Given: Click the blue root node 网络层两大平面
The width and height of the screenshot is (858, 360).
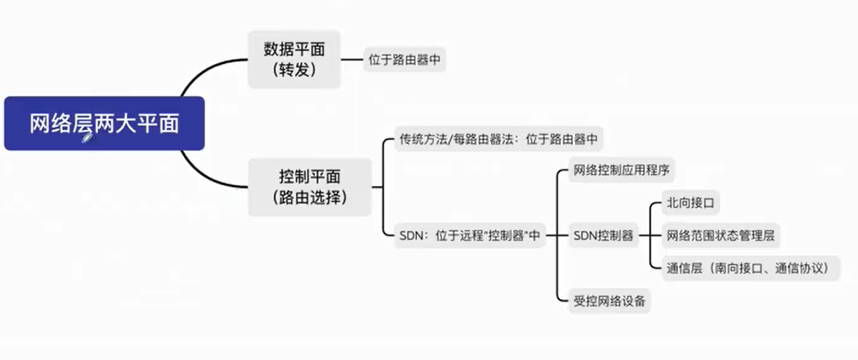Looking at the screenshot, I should [x=104, y=124].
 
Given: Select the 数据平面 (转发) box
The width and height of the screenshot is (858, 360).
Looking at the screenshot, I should [x=294, y=59].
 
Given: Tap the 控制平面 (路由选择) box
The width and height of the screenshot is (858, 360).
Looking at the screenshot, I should [x=310, y=187].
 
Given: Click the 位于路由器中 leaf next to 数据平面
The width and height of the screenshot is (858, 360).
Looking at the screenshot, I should [x=404, y=60].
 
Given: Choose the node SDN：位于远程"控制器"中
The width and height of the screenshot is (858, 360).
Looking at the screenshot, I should [x=469, y=236].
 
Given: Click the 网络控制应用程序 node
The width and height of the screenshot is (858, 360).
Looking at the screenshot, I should [x=621, y=170].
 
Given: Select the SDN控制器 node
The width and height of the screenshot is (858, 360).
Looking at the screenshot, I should [x=603, y=236].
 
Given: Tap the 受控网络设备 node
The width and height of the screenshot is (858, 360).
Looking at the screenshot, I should [x=609, y=301].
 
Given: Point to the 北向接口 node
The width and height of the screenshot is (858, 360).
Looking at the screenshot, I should [x=690, y=203].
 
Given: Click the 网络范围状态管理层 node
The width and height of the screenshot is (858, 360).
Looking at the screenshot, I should [x=720, y=236].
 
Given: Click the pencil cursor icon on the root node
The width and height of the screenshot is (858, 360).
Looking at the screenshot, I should [x=88, y=138].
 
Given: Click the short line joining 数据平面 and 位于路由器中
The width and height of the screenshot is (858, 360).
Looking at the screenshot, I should [x=352, y=60].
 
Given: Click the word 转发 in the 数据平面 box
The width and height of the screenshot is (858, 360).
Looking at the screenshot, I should [x=294, y=70].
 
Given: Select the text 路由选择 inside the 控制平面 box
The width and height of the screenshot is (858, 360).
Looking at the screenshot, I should [x=310, y=198].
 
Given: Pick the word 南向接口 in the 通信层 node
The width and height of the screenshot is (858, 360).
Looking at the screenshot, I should [x=738, y=268].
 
